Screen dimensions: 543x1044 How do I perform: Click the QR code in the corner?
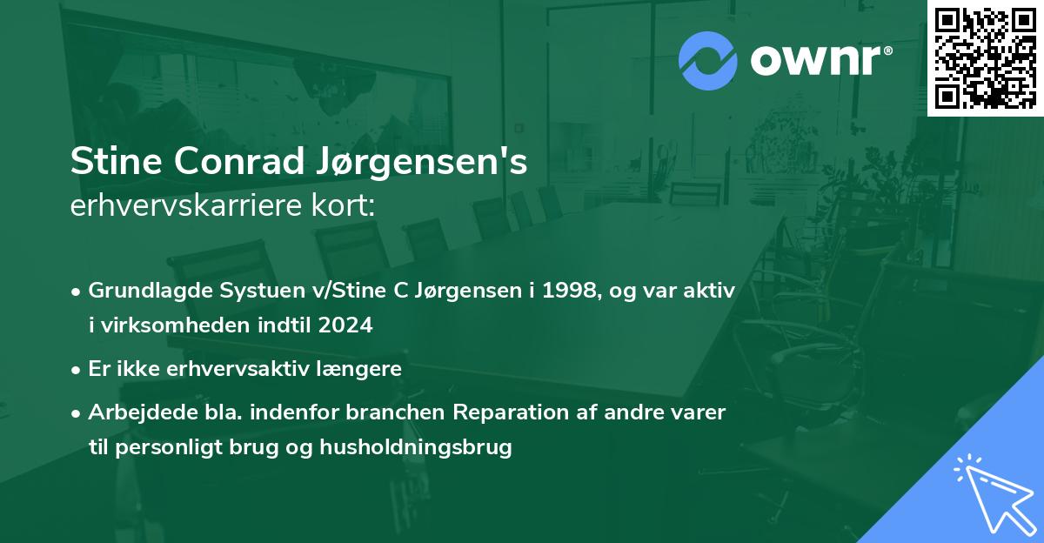985,57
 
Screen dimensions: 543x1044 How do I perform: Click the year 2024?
345,325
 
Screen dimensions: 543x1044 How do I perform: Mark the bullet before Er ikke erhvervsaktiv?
77,369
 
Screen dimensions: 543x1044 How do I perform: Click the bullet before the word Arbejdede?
77,412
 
